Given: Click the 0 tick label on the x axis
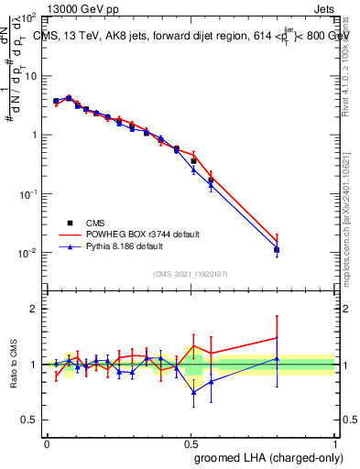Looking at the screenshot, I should (47, 442).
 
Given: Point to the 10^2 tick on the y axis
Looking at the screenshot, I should (29, 18).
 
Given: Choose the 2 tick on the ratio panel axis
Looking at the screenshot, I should (35, 309).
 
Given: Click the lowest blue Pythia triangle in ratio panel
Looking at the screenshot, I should (193, 392).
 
